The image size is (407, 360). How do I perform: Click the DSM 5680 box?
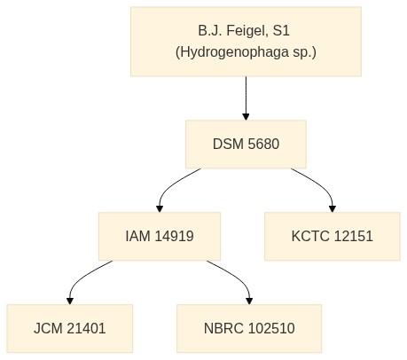coord(246,145)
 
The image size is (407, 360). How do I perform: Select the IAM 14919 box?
coord(160,237)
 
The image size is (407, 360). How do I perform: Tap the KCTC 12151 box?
coord(333,237)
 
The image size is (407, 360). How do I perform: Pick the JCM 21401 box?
coord(70,328)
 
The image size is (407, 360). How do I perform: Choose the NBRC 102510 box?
coord(249,328)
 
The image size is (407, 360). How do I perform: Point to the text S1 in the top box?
coord(281,30)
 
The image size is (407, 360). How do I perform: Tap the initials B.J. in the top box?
coord(210,31)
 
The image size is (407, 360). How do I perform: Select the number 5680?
coord(263,145)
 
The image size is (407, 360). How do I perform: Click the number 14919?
coord(175,236)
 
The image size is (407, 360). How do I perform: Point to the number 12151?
coord(354,236)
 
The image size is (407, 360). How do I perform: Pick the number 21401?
coord(86,328)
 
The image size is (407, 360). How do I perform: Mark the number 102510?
coord(271,328)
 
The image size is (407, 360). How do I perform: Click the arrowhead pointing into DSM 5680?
coord(246,116)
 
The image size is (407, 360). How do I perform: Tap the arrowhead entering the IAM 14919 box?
coord(160,208)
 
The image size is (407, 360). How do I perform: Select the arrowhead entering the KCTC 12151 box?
coord(333,208)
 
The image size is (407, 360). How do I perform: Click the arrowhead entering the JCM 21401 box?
coord(70,301)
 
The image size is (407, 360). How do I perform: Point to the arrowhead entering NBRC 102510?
coord(249,301)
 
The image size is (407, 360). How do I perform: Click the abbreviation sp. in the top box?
coord(304,52)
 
